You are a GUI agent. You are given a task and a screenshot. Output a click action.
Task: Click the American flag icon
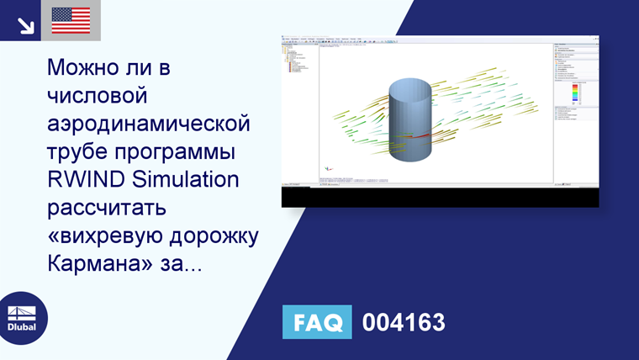[x=71, y=20]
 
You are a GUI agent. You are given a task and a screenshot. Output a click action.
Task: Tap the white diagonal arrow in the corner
[x=26, y=25]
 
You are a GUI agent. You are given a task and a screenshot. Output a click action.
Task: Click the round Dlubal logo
[x=23, y=318]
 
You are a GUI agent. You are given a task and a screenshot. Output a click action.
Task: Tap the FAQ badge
[x=317, y=322]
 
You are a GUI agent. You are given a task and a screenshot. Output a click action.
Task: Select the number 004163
[x=404, y=322]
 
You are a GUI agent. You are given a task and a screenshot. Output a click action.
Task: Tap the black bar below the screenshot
[x=440, y=197]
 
